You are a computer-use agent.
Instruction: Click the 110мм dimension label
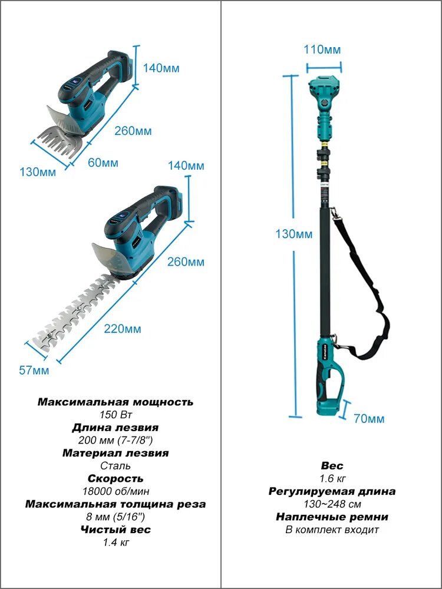(x=323, y=49)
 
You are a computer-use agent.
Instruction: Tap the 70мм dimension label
(x=369, y=418)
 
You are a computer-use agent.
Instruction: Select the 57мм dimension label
(x=34, y=370)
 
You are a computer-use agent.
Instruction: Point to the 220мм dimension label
(x=123, y=329)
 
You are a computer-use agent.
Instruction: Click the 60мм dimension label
(x=103, y=163)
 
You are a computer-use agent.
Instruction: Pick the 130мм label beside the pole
(x=294, y=234)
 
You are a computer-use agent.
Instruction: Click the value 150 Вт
(x=116, y=415)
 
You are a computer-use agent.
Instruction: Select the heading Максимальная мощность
(x=116, y=402)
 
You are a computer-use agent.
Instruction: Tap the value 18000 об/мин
(x=116, y=491)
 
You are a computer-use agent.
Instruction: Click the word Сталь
(x=116, y=466)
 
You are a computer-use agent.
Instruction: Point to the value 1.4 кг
(x=116, y=542)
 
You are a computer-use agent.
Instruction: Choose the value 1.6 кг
(x=332, y=478)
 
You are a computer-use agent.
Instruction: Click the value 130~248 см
(x=332, y=504)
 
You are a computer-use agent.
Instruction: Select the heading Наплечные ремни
(x=332, y=517)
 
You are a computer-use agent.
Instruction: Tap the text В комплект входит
(x=332, y=530)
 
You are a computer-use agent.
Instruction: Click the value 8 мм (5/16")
(x=116, y=517)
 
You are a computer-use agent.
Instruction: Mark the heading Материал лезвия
(x=116, y=453)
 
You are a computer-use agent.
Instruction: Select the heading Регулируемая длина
(x=332, y=491)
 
